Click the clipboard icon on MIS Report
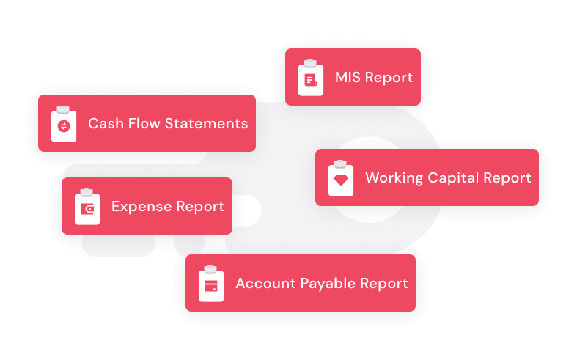[311, 78]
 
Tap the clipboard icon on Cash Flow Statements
[64, 124]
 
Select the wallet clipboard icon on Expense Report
[87, 207]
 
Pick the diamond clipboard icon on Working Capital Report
[341, 178]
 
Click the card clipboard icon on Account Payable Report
[211, 284]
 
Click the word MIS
[348, 78]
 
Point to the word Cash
[105, 124]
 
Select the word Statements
[207, 124]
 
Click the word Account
[264, 284]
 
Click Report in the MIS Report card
[389, 78]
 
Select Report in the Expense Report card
[199, 207]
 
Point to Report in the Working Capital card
[507, 178]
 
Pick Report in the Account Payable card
[383, 284]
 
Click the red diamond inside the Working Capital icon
[341, 180]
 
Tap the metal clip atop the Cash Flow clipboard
[64, 109]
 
